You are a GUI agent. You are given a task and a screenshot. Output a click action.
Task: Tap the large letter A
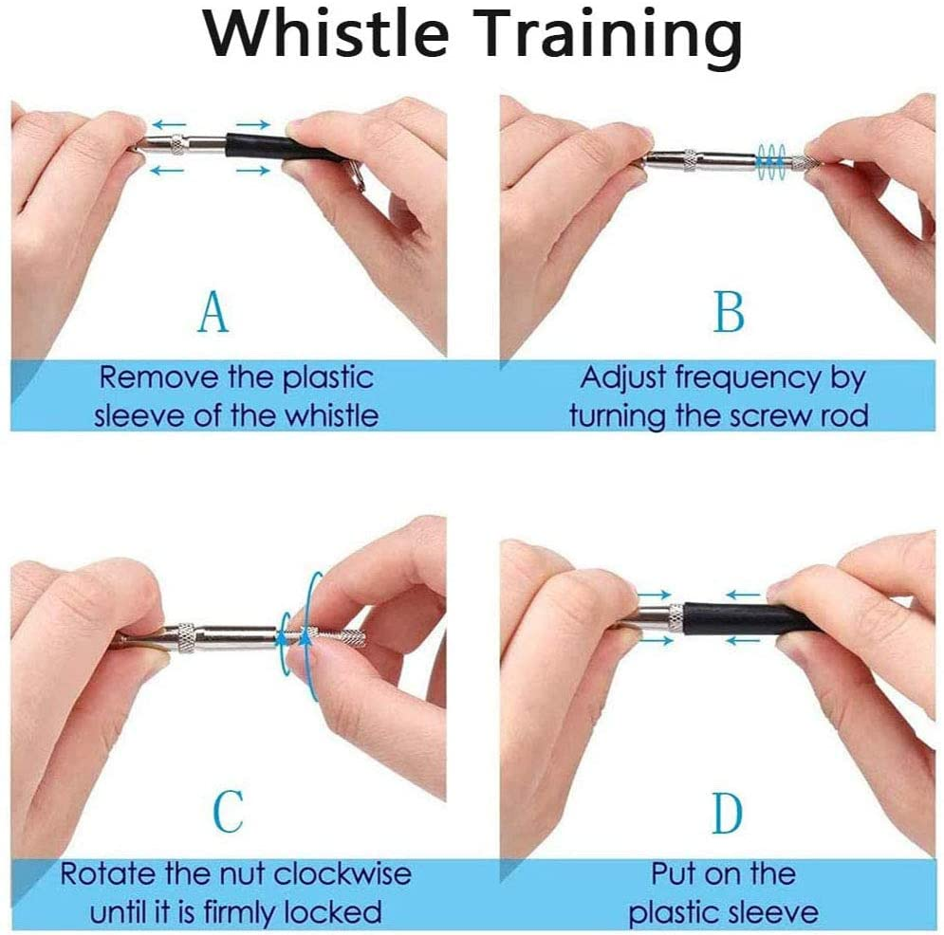tap(213, 312)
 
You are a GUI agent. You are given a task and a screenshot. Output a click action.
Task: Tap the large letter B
tap(729, 312)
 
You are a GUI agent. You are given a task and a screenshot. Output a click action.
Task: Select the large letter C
tap(228, 810)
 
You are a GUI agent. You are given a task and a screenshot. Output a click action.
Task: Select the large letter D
tap(729, 810)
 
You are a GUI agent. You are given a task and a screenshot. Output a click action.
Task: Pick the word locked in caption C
tap(333, 912)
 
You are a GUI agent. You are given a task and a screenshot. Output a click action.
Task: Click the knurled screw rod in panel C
tap(337, 637)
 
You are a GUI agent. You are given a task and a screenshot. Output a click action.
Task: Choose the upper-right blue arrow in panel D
tap(746, 595)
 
